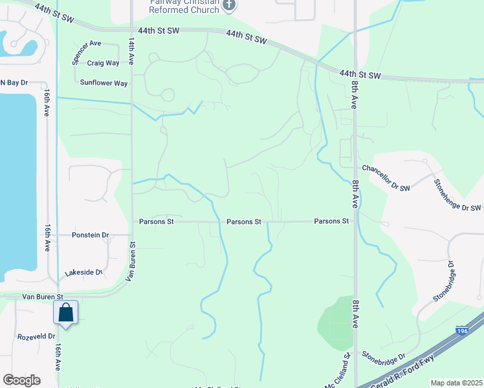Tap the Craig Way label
tap(104, 63)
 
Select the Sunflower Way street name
tap(104, 83)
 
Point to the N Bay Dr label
tap(14, 83)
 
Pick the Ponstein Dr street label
tap(91, 235)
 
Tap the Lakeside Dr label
tap(83, 272)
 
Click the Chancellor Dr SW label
tap(386, 169)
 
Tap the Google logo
tap(22, 380)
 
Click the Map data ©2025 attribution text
tap(456, 383)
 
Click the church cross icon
tap(228, 6)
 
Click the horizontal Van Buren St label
tap(41, 296)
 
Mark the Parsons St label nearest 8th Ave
tap(331, 221)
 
